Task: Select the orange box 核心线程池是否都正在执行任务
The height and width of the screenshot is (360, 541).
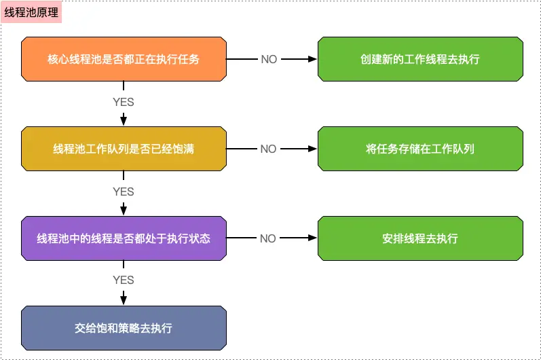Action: point(124,59)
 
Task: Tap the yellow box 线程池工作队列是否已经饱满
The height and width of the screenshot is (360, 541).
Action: point(124,149)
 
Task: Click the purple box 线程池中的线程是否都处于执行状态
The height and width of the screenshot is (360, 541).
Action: point(124,238)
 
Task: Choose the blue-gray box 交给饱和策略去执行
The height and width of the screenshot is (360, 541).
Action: point(124,328)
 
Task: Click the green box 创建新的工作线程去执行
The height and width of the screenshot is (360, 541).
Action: point(420,59)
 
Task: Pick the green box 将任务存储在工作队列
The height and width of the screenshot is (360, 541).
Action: point(420,149)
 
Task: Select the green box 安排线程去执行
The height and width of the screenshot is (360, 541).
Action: point(420,238)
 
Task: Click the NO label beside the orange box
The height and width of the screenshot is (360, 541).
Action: point(269,59)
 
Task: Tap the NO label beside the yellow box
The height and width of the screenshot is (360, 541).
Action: point(269,149)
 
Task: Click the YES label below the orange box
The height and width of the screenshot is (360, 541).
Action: point(124,103)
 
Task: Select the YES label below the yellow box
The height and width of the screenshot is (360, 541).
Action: point(124,192)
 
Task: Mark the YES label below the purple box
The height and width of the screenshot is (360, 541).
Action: point(124,280)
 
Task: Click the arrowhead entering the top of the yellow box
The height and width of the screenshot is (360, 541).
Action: point(124,121)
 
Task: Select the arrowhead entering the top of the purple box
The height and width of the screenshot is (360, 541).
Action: point(124,211)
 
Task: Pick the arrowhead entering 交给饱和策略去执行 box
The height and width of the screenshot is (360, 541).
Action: point(124,300)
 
